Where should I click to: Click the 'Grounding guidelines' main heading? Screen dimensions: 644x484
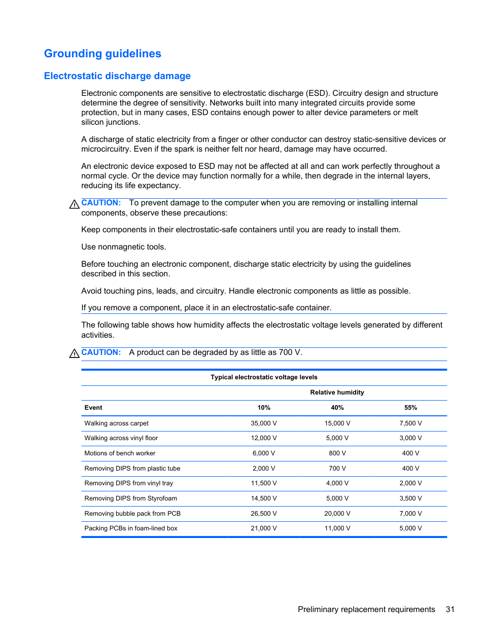pyautogui.click(x=102, y=54)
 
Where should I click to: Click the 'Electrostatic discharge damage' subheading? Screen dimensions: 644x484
pyautogui.click(x=117, y=76)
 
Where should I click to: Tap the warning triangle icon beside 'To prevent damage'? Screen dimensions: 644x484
pyautogui.click(x=74, y=204)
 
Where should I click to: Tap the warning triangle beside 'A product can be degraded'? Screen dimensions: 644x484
pyautogui.click(x=74, y=353)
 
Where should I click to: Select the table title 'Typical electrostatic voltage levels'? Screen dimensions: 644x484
pyautogui.click(x=264, y=377)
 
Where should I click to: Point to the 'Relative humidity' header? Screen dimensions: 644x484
pyautogui.click(x=337, y=392)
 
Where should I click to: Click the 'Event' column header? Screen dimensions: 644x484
pyautogui.click(x=93, y=408)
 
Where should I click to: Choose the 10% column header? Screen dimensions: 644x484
pyautogui.click(x=264, y=408)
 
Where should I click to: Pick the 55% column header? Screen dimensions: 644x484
pyautogui.click(x=410, y=408)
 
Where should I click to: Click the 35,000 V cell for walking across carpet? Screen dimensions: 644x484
pyautogui.click(x=264, y=423)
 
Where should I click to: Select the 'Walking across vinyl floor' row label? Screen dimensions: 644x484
pyautogui.click(x=121, y=438)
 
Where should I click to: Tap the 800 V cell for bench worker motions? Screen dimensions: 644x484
pyautogui.click(x=337, y=453)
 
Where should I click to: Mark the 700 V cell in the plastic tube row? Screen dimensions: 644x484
pyautogui.click(x=337, y=469)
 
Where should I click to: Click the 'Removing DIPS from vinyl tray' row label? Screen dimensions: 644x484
pyautogui.click(x=129, y=483)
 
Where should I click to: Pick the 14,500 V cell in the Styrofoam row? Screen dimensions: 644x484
pyautogui.click(x=264, y=498)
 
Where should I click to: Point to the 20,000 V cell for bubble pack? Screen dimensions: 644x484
pyautogui.click(x=337, y=514)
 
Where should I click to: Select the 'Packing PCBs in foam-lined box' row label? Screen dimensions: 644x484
pyautogui.click(x=131, y=528)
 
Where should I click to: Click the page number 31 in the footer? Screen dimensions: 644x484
pyautogui.click(x=450, y=610)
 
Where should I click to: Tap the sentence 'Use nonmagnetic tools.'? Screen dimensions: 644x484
pyautogui.click(x=124, y=247)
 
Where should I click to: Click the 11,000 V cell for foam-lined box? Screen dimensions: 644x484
pyautogui.click(x=337, y=528)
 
